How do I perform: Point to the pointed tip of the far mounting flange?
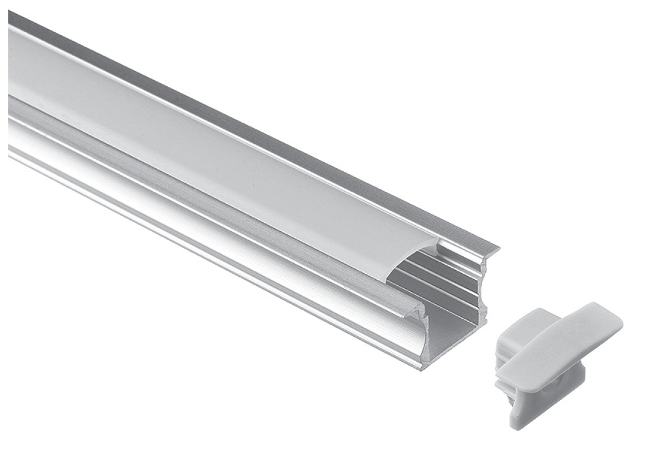[x=497, y=249]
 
